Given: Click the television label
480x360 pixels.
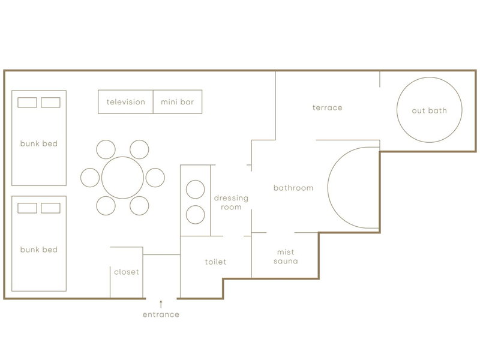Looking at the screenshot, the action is coord(126,102).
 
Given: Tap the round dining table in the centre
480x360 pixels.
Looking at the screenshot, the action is coord(122,178).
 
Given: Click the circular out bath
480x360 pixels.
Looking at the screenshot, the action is coord(429,78).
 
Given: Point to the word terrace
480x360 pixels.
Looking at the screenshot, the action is coord(327,108).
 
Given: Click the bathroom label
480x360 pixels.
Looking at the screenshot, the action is coord(293,188).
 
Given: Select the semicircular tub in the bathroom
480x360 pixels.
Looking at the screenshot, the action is coord(328,187).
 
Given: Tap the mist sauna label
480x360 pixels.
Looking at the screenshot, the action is coord(286,257).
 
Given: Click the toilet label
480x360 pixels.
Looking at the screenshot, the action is coord(215,262).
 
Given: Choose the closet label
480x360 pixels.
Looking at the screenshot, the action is coord(127,272).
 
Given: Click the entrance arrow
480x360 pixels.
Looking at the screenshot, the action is coord(161,304).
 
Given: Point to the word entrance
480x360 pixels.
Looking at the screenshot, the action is coord(161,314).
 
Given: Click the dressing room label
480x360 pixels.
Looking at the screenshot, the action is coord(231,202).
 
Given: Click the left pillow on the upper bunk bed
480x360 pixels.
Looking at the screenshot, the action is coord(27,103).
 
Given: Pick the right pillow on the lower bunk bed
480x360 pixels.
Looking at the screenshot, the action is coord(50,208).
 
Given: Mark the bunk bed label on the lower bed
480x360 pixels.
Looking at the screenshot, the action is coord(39,250).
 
